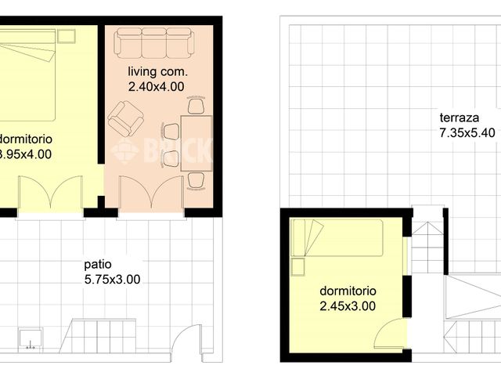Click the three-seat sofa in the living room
pos(154,42)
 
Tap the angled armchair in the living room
pos(125,119)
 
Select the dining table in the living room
pos(196,143)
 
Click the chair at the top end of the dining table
pos(196,107)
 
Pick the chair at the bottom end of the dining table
pos(196,180)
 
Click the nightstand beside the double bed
pos(66,36)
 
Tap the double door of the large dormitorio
pos(50,194)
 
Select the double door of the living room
pos(151,194)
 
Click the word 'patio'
pos(98,265)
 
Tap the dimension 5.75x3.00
pos(112,279)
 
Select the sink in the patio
pos(32,338)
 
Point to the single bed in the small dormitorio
pos(337,237)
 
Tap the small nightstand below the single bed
pos(298,267)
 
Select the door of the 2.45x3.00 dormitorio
pos(389,334)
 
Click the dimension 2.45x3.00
pos(348,305)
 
